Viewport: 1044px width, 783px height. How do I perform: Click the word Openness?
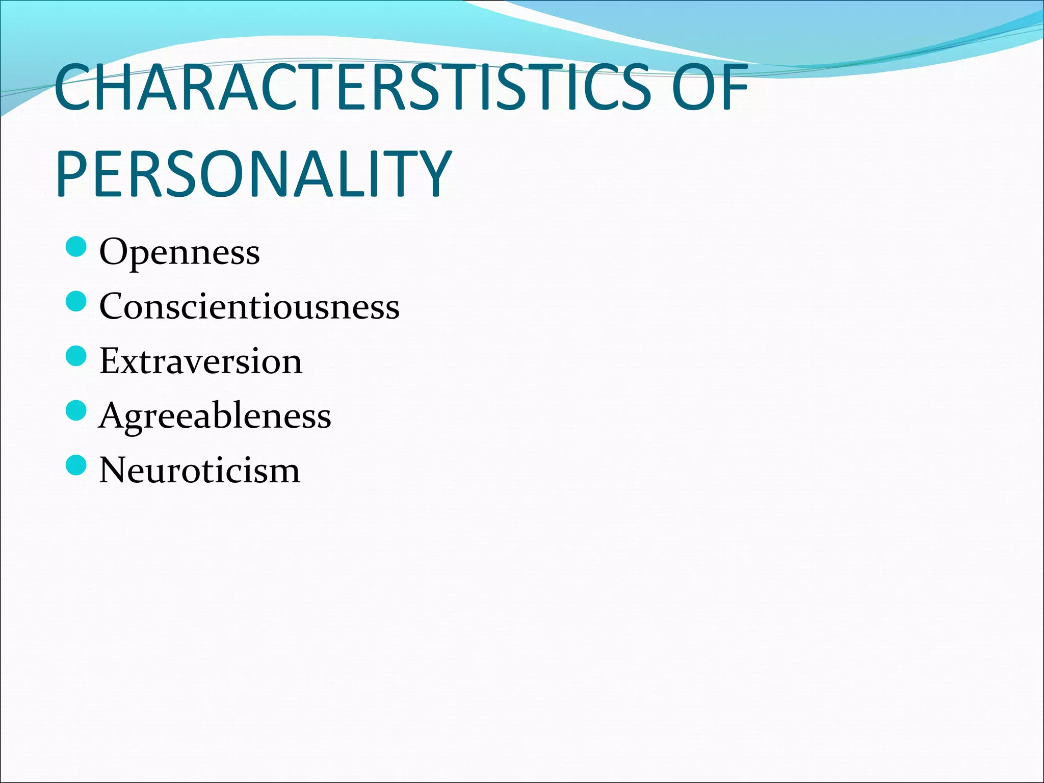pyautogui.click(x=179, y=252)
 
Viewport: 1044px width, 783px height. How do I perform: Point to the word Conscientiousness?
pyautogui.click(x=249, y=306)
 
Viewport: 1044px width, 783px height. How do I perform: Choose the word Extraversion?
pyautogui.click(x=201, y=361)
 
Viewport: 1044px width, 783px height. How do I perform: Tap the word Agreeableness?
pyautogui.click(x=215, y=415)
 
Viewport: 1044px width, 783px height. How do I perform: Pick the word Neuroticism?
pyautogui.click(x=199, y=470)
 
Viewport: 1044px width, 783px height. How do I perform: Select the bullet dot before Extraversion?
pyautogui.click(x=76, y=356)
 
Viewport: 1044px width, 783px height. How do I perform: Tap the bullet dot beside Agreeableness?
pyautogui.click(x=76, y=410)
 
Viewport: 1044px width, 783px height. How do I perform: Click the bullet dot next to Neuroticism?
pyautogui.click(x=76, y=465)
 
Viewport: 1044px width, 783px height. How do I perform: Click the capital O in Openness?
pyautogui.click(x=114, y=252)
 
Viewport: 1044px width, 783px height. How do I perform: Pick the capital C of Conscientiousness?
pyautogui.click(x=113, y=306)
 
